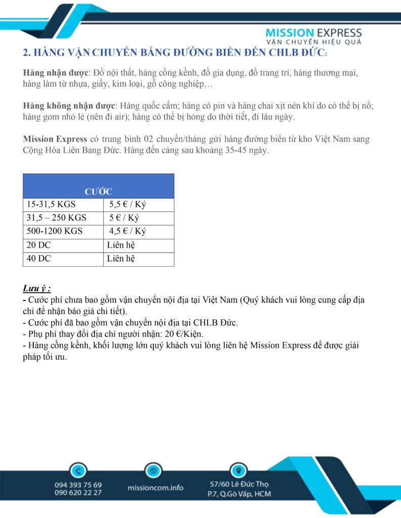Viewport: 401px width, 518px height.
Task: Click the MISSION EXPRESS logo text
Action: pos(313,33)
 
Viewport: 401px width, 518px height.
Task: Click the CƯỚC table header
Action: pos(98,192)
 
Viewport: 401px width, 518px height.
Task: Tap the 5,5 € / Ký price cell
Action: pos(127,205)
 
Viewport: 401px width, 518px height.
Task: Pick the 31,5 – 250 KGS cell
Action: pos(56,219)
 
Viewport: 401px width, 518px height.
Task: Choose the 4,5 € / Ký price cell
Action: pos(127,232)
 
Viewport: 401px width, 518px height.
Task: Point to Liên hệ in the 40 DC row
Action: pos(121,259)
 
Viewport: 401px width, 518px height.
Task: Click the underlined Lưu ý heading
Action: pos(37,289)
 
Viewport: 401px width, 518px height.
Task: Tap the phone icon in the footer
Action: pos(78,470)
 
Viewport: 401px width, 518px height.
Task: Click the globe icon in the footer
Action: pos(153,470)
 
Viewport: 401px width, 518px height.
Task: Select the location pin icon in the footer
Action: pos(238,469)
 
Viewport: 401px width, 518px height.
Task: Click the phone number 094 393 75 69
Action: pos(78,485)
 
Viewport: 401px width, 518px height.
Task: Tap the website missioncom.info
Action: pos(155,488)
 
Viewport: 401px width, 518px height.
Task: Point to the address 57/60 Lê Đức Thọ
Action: pos(239,484)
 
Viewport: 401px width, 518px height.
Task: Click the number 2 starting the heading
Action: pos(26,53)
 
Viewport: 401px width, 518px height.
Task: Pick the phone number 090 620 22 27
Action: pos(78,493)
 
